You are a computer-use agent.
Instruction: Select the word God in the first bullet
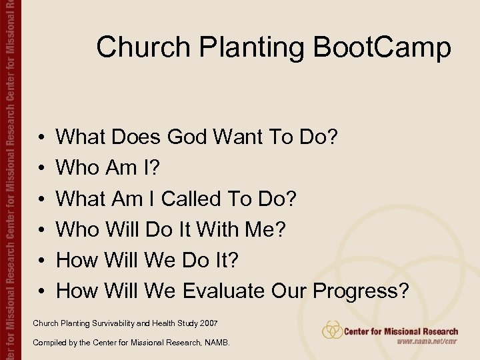click(x=189, y=137)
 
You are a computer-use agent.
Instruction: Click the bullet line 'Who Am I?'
click(x=107, y=168)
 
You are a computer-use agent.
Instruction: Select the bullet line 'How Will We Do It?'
click(x=147, y=260)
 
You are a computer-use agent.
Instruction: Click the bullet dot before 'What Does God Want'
click(x=41, y=138)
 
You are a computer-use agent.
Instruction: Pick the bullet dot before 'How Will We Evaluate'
click(x=41, y=291)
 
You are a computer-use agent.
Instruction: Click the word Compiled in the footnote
click(x=49, y=343)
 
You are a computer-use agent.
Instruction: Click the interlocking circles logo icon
click(x=332, y=330)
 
